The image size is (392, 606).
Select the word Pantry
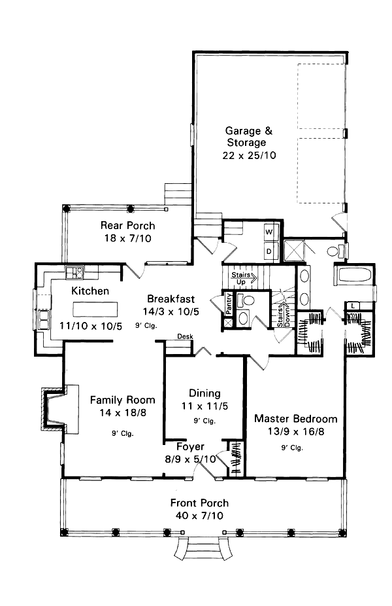229,305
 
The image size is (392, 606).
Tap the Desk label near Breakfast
184,337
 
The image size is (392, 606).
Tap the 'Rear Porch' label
127,226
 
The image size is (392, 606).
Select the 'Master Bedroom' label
295,419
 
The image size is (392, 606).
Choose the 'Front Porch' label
199,503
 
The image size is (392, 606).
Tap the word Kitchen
90,291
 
